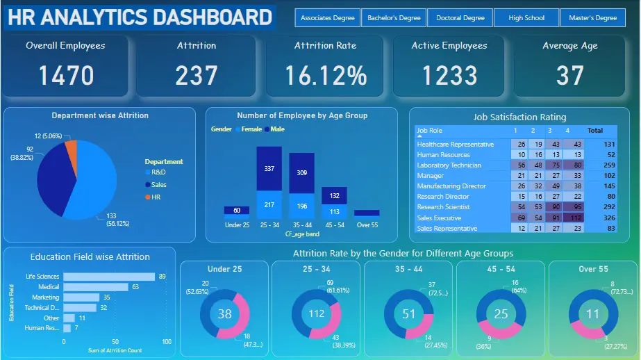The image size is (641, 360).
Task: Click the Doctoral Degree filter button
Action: tap(460, 18)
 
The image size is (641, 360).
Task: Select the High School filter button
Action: tap(526, 18)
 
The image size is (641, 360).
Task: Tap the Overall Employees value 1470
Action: tap(66, 75)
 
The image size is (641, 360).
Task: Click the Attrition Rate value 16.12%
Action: tap(325, 75)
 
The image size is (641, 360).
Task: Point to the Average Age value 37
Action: tap(569, 75)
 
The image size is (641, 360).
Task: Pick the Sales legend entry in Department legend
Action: tap(158, 185)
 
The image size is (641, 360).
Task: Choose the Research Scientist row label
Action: tap(443, 207)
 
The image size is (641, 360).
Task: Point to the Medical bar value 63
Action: tap(136, 286)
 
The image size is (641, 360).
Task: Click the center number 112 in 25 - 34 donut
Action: tap(317, 313)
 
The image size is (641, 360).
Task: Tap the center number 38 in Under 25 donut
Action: tap(224, 314)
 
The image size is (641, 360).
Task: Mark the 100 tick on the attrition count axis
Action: tap(167, 342)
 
